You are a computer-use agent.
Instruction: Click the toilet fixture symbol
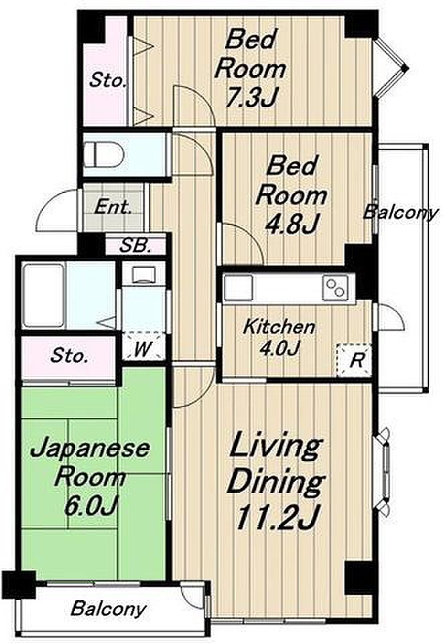(x=104, y=155)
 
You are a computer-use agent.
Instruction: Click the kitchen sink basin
(x=239, y=288)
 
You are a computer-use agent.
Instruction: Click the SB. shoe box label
(x=135, y=246)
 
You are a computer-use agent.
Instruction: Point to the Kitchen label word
(x=279, y=328)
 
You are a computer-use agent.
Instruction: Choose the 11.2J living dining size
(x=276, y=516)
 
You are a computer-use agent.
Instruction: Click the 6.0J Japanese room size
(x=91, y=506)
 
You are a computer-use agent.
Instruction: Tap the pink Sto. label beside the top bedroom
(x=108, y=80)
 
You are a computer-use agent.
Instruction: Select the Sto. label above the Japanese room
(x=69, y=356)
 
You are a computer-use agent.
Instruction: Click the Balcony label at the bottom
(x=109, y=609)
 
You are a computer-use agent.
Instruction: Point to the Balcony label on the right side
(x=401, y=212)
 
